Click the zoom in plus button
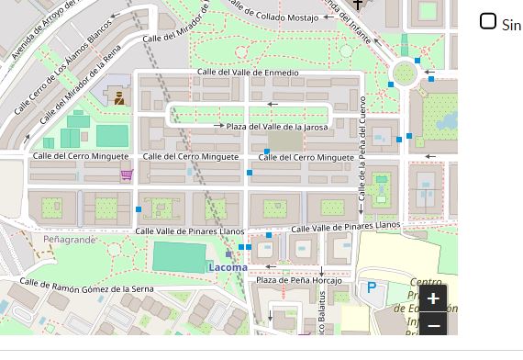(433, 298)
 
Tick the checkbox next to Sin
(488, 21)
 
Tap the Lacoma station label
(228, 267)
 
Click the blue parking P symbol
(372, 287)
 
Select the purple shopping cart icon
(127, 174)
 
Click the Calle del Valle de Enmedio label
(248, 73)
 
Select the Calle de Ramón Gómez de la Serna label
(87, 287)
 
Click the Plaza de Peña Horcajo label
(298, 280)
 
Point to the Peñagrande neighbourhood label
(69, 240)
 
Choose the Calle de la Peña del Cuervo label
(362, 147)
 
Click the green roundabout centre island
(404, 73)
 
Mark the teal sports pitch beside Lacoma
(179, 256)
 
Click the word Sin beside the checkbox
(511, 25)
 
